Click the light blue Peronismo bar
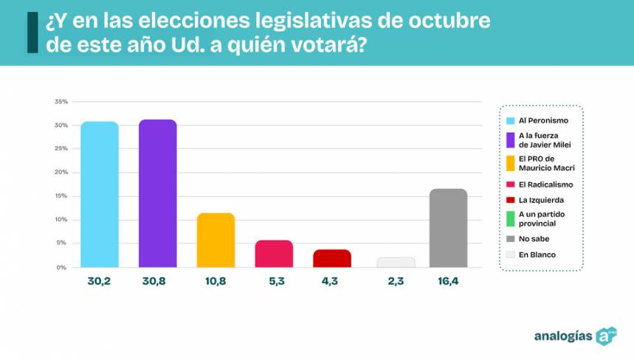pos(100,195)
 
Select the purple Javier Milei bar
pos(158,193)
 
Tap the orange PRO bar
pos(216,240)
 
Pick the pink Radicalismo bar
pos(274,254)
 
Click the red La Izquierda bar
pos(332,258)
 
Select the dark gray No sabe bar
pos(448,228)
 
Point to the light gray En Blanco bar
pos(396,262)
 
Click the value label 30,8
pos(157,282)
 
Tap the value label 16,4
pos(448,282)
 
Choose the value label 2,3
pos(396,282)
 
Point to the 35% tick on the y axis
pos(61,102)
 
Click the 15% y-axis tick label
pos(61,196)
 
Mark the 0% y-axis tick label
pos(63,267)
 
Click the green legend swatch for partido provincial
pos(510,219)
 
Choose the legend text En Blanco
pos(537,255)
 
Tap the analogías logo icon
pos(606,336)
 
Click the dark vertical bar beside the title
pos(32,32)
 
